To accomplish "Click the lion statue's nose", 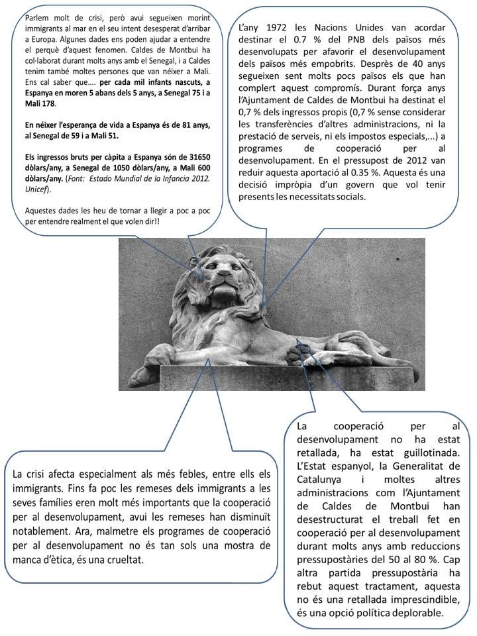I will [x=223, y=276].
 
